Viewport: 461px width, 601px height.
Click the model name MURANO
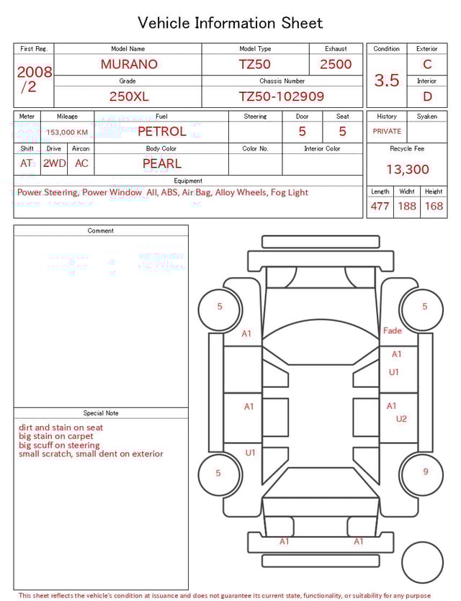[129, 64]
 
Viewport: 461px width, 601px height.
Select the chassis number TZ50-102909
[282, 96]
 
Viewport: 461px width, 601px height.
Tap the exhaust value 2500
[336, 64]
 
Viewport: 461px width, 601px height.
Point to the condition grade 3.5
[387, 81]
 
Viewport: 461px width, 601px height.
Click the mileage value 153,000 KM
[67, 132]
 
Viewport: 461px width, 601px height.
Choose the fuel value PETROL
[161, 132]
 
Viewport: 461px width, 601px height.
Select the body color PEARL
[161, 163]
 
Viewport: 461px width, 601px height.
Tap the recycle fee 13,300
[408, 170]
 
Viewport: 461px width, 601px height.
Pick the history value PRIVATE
[387, 132]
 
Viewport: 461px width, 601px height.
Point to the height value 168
[434, 207]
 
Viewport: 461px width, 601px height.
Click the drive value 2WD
[54, 163]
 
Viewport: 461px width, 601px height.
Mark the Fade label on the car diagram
[393, 331]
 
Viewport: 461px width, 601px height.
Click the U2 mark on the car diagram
[401, 419]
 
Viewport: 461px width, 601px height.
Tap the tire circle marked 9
[425, 472]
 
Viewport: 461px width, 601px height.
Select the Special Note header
[101, 413]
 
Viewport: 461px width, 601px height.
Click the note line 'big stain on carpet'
[56, 436]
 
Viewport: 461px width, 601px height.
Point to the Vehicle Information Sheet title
[230, 23]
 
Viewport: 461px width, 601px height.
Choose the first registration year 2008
[35, 73]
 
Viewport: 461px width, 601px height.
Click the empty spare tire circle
[422, 562]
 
